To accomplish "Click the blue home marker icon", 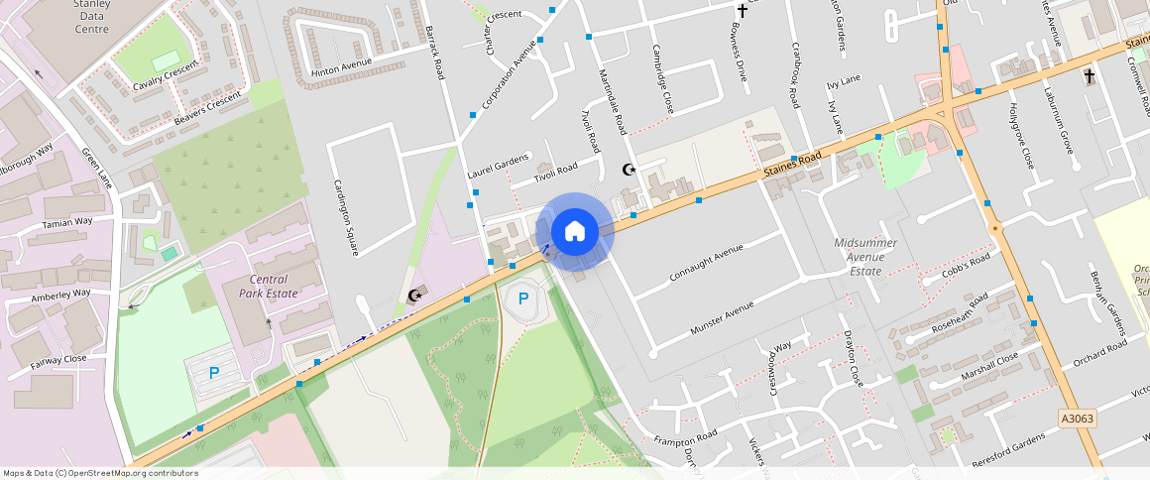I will (574, 232).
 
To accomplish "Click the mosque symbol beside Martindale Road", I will (628, 170).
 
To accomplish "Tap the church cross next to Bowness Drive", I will (741, 12).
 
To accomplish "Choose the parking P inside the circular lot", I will (523, 299).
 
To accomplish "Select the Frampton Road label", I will (685, 437).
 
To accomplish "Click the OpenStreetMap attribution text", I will (100, 473).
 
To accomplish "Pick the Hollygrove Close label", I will (1020, 134).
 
